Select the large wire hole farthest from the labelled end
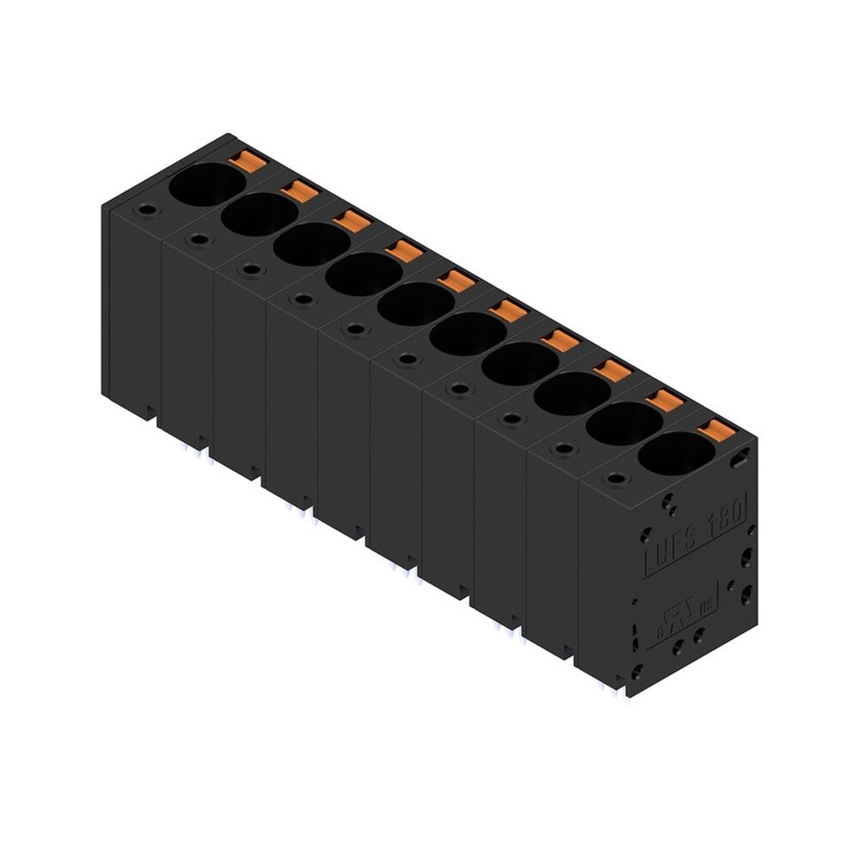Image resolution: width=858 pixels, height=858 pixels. [206, 184]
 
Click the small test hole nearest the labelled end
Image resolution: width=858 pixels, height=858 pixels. [615, 477]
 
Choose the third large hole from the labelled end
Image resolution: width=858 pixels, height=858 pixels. [572, 393]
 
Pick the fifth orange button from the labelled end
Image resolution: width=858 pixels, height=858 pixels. [510, 311]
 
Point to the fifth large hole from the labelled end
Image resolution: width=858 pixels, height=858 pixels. [468, 334]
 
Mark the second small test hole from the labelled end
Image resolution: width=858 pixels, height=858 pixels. [564, 448]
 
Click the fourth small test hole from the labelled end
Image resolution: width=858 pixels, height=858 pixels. [461, 389]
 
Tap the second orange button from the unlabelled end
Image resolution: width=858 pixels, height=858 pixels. [301, 190]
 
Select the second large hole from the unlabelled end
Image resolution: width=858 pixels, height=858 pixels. [258, 214]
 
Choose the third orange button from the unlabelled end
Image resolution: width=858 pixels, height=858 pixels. [353, 221]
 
